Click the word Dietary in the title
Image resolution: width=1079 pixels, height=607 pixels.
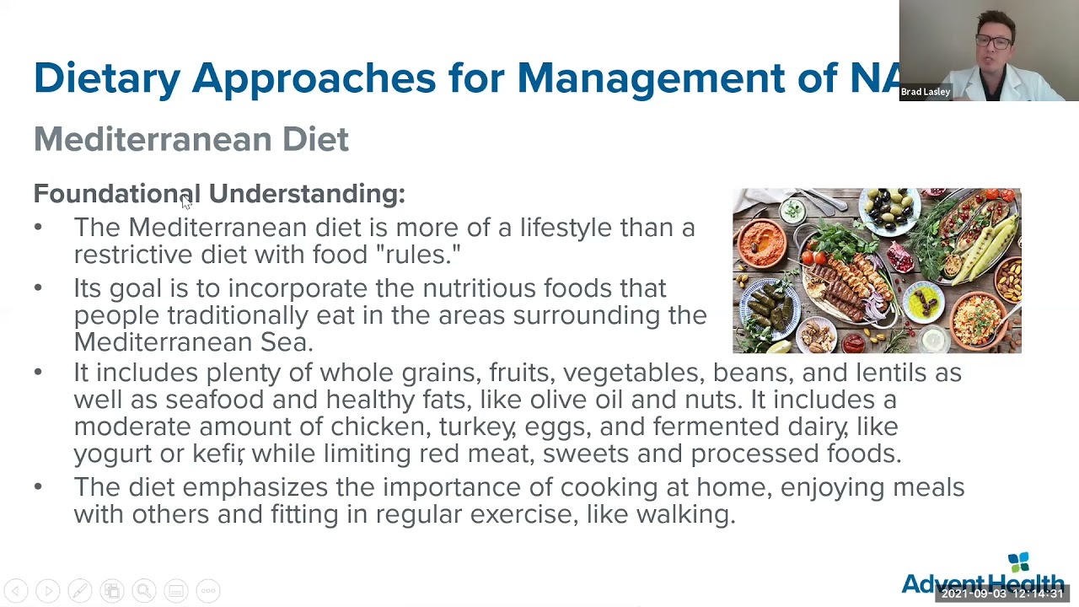[107, 78]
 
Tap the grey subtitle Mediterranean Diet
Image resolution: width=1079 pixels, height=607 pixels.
[191, 139]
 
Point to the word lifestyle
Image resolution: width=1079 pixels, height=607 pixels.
[565, 228]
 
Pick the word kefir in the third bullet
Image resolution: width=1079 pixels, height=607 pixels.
[217, 454]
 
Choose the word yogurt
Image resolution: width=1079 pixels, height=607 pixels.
[112, 454]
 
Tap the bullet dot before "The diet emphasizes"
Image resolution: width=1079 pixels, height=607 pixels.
[38, 486]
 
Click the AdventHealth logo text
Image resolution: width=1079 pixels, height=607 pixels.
[982, 583]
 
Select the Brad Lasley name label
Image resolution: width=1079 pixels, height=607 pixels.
[925, 92]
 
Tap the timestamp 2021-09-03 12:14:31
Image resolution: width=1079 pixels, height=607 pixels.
[1002, 594]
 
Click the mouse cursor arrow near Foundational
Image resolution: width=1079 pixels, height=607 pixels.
[185, 200]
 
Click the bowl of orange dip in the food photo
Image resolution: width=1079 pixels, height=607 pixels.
[768, 235]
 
